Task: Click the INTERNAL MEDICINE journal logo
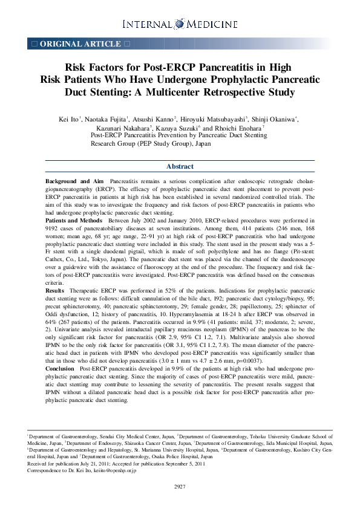click(180, 24)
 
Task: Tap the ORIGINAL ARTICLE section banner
click(80, 44)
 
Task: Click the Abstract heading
click(180, 166)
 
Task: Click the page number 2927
click(180, 487)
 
